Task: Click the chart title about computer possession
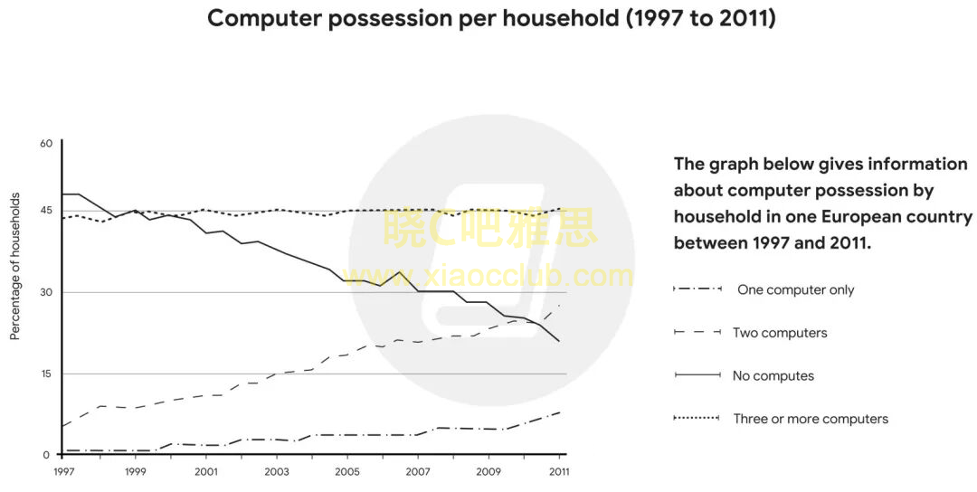point(491,18)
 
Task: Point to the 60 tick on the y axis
point(46,143)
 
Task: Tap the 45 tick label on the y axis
point(46,212)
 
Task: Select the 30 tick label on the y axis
point(46,292)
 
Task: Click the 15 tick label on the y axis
point(46,374)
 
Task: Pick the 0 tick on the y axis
point(46,455)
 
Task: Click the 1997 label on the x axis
point(63,471)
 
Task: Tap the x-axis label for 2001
point(205,471)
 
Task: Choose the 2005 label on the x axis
point(347,471)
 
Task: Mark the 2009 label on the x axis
point(488,471)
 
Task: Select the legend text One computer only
point(795,290)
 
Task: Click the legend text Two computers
point(780,333)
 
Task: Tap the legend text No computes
point(773,376)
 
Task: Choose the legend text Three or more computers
point(811,419)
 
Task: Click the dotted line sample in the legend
point(696,418)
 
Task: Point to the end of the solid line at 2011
point(561,341)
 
